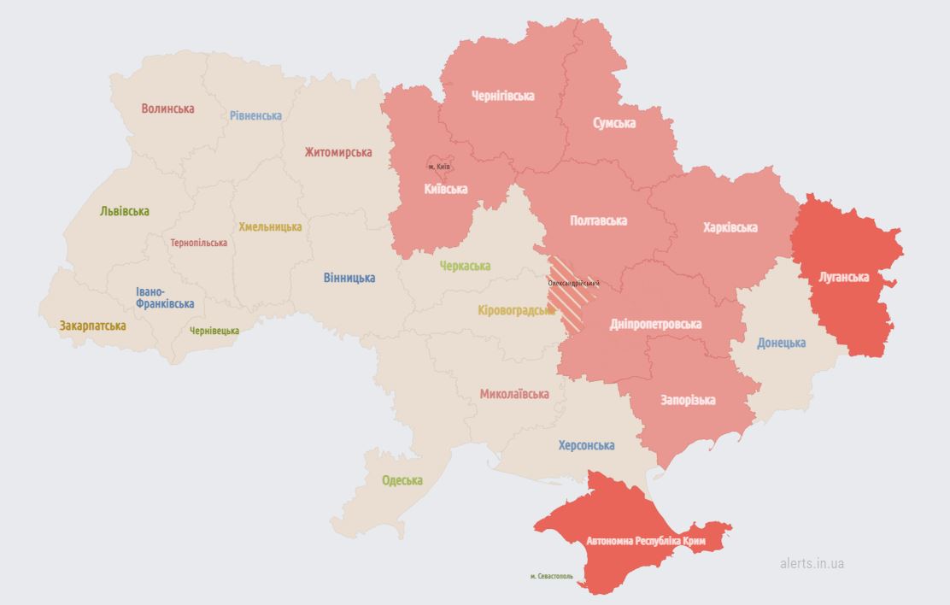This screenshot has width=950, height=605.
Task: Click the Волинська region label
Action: [168, 109]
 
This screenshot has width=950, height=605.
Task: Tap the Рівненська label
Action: [255, 115]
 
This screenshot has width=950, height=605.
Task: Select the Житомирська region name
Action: [338, 152]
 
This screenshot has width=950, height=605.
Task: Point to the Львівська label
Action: [124, 211]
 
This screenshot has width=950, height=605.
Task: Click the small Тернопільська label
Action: [199, 243]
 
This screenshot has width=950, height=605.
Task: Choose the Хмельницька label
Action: [270, 226]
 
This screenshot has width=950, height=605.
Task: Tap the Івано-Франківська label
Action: [165, 297]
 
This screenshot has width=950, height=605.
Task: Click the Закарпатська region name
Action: [93, 326]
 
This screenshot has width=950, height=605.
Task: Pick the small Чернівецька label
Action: [214, 331]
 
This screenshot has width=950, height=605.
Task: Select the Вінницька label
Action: [349, 278]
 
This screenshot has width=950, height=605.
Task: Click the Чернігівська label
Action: [503, 96]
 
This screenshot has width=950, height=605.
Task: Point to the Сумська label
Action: [614, 123]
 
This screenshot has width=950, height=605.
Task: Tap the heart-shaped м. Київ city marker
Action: [438, 165]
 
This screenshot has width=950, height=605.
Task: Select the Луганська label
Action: [843, 277]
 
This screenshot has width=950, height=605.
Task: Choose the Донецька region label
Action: [781, 343]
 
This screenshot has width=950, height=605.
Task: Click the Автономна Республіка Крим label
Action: [646, 541]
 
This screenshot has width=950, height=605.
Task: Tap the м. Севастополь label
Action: [552, 576]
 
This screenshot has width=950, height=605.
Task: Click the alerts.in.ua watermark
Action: [812, 563]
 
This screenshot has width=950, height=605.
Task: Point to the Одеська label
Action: [402, 480]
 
